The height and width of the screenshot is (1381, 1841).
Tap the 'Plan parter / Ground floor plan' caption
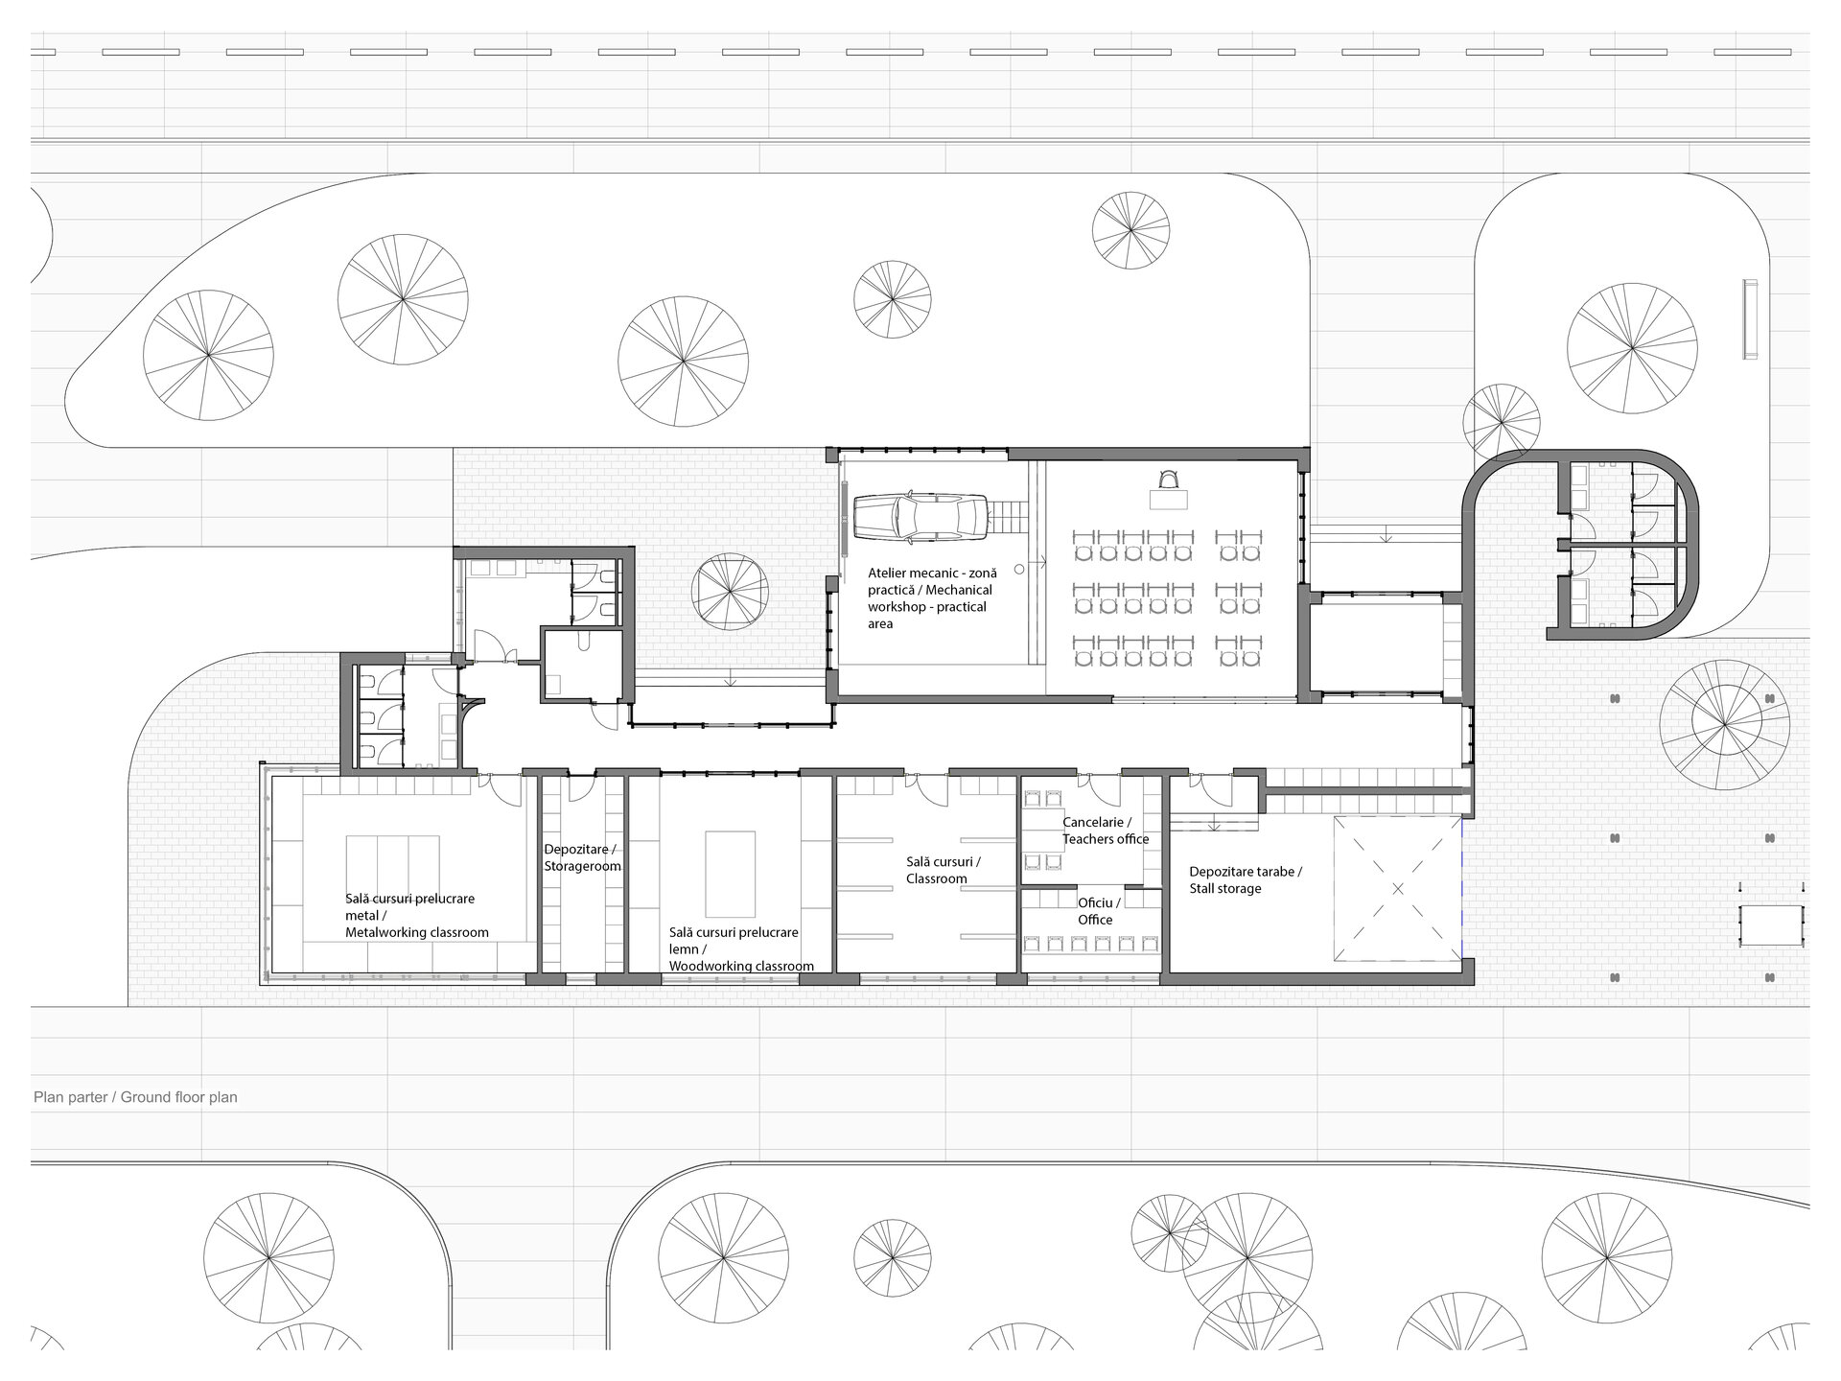coord(135,1097)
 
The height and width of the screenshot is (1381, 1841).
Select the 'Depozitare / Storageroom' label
coord(583,858)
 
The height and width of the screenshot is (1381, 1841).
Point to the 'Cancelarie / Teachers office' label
coord(1105,831)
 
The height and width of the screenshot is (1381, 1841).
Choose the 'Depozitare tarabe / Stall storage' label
coord(1246,880)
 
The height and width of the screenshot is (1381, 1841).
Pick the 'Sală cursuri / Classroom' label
coord(943,870)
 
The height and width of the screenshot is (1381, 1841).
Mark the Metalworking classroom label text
coord(417,916)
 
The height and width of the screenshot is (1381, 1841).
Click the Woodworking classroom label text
coord(741,949)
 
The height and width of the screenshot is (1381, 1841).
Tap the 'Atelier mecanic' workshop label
coord(932,597)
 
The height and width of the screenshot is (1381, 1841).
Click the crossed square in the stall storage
coord(1397,889)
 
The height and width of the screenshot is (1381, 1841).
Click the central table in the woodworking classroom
coord(731,874)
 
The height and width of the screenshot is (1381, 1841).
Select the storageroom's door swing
coord(581,787)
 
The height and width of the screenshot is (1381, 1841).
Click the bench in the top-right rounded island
coord(1750,319)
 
